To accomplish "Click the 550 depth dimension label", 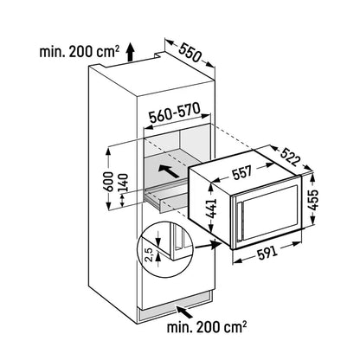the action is tap(190, 53).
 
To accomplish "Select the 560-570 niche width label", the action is tap(174, 113).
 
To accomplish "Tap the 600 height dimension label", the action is tap(108, 182).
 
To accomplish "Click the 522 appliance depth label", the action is tap(291, 157).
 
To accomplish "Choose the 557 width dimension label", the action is tap(242, 172).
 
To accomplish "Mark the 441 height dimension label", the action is tap(211, 209).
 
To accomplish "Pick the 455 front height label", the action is tap(313, 199).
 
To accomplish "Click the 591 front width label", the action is tap(267, 253).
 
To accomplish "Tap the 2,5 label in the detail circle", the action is tap(149, 254).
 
